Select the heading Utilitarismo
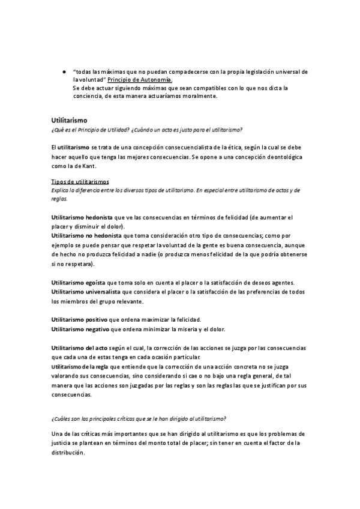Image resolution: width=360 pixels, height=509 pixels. point(70,121)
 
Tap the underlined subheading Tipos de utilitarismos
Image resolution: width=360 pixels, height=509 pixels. point(80,182)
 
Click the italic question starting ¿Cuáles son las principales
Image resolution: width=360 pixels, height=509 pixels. point(139,418)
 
